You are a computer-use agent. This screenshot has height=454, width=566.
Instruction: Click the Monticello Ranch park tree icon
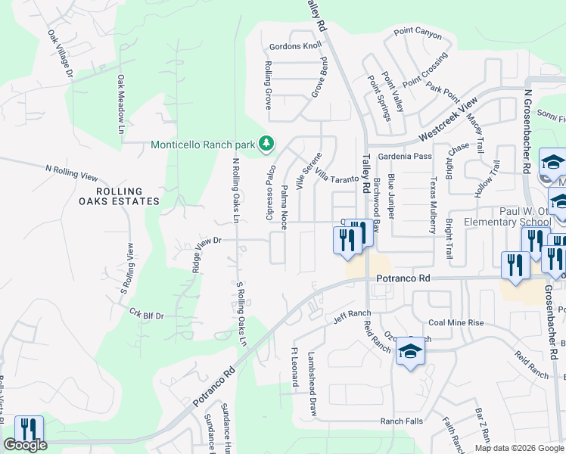pos(266,143)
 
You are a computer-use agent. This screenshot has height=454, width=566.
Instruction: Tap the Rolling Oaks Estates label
pos(120,195)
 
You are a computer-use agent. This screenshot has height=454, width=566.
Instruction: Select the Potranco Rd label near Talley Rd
pos(403,278)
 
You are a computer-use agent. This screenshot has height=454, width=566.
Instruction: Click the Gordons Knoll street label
pos(295,46)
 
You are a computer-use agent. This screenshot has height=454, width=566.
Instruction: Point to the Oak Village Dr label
pos(60,53)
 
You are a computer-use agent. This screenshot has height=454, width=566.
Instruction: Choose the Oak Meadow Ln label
pos(120,104)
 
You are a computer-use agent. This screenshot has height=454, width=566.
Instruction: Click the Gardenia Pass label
pos(406,156)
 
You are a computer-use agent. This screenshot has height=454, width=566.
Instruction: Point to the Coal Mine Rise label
pos(456,322)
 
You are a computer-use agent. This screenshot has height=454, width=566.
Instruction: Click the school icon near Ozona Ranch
pos(410,352)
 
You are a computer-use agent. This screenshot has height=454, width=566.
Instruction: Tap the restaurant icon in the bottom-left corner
pos(28,430)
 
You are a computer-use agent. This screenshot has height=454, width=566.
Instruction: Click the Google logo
pos(25,446)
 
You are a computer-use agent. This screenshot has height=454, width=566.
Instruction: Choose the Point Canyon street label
pos(418,33)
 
